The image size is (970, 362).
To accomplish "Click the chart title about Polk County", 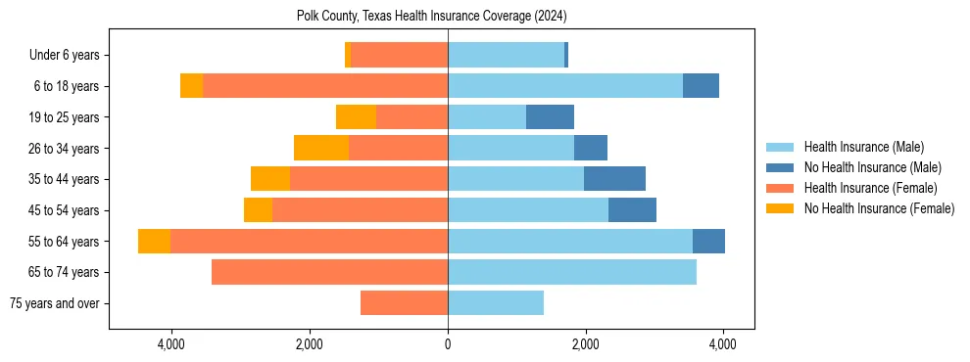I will coord(431,16).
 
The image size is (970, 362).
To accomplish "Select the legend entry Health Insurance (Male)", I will coord(863,147).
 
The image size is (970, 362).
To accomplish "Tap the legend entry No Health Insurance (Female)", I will coord(879,208).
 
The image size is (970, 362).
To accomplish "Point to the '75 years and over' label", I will coord(55,303).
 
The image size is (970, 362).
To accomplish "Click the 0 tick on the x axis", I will coord(448,343).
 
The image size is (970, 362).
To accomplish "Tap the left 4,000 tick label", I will coord(171,343).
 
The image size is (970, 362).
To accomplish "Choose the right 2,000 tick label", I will coord(586,343).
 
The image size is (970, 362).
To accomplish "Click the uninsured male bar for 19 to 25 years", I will coord(550,117).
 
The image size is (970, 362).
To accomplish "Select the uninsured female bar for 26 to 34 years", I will coord(321,148).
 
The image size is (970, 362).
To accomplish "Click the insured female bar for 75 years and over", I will coord(404,303).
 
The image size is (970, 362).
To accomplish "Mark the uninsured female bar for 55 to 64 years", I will coord(154,242).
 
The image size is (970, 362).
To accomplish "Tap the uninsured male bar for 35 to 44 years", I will coord(614,179).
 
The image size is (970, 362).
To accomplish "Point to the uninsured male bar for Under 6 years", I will coord(566,56).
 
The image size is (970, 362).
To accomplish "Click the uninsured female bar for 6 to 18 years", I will coord(191,86).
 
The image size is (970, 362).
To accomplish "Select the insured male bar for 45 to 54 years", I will coord(528,210).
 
